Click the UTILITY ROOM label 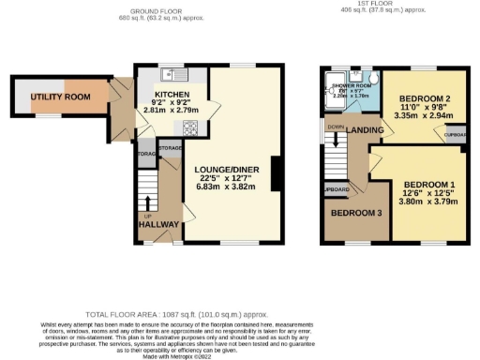(58, 97)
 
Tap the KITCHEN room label (172, 96)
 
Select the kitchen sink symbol (172, 74)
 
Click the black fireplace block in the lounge (277, 173)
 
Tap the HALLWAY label (152, 225)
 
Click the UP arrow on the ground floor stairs (147, 205)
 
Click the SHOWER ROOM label (350, 85)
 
